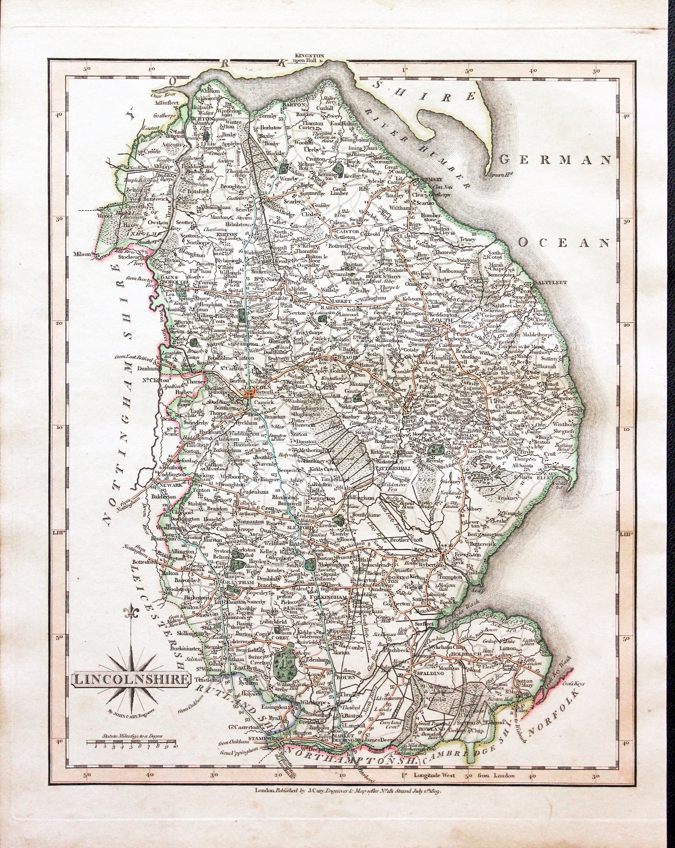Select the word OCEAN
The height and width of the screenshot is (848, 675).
click(563, 243)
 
